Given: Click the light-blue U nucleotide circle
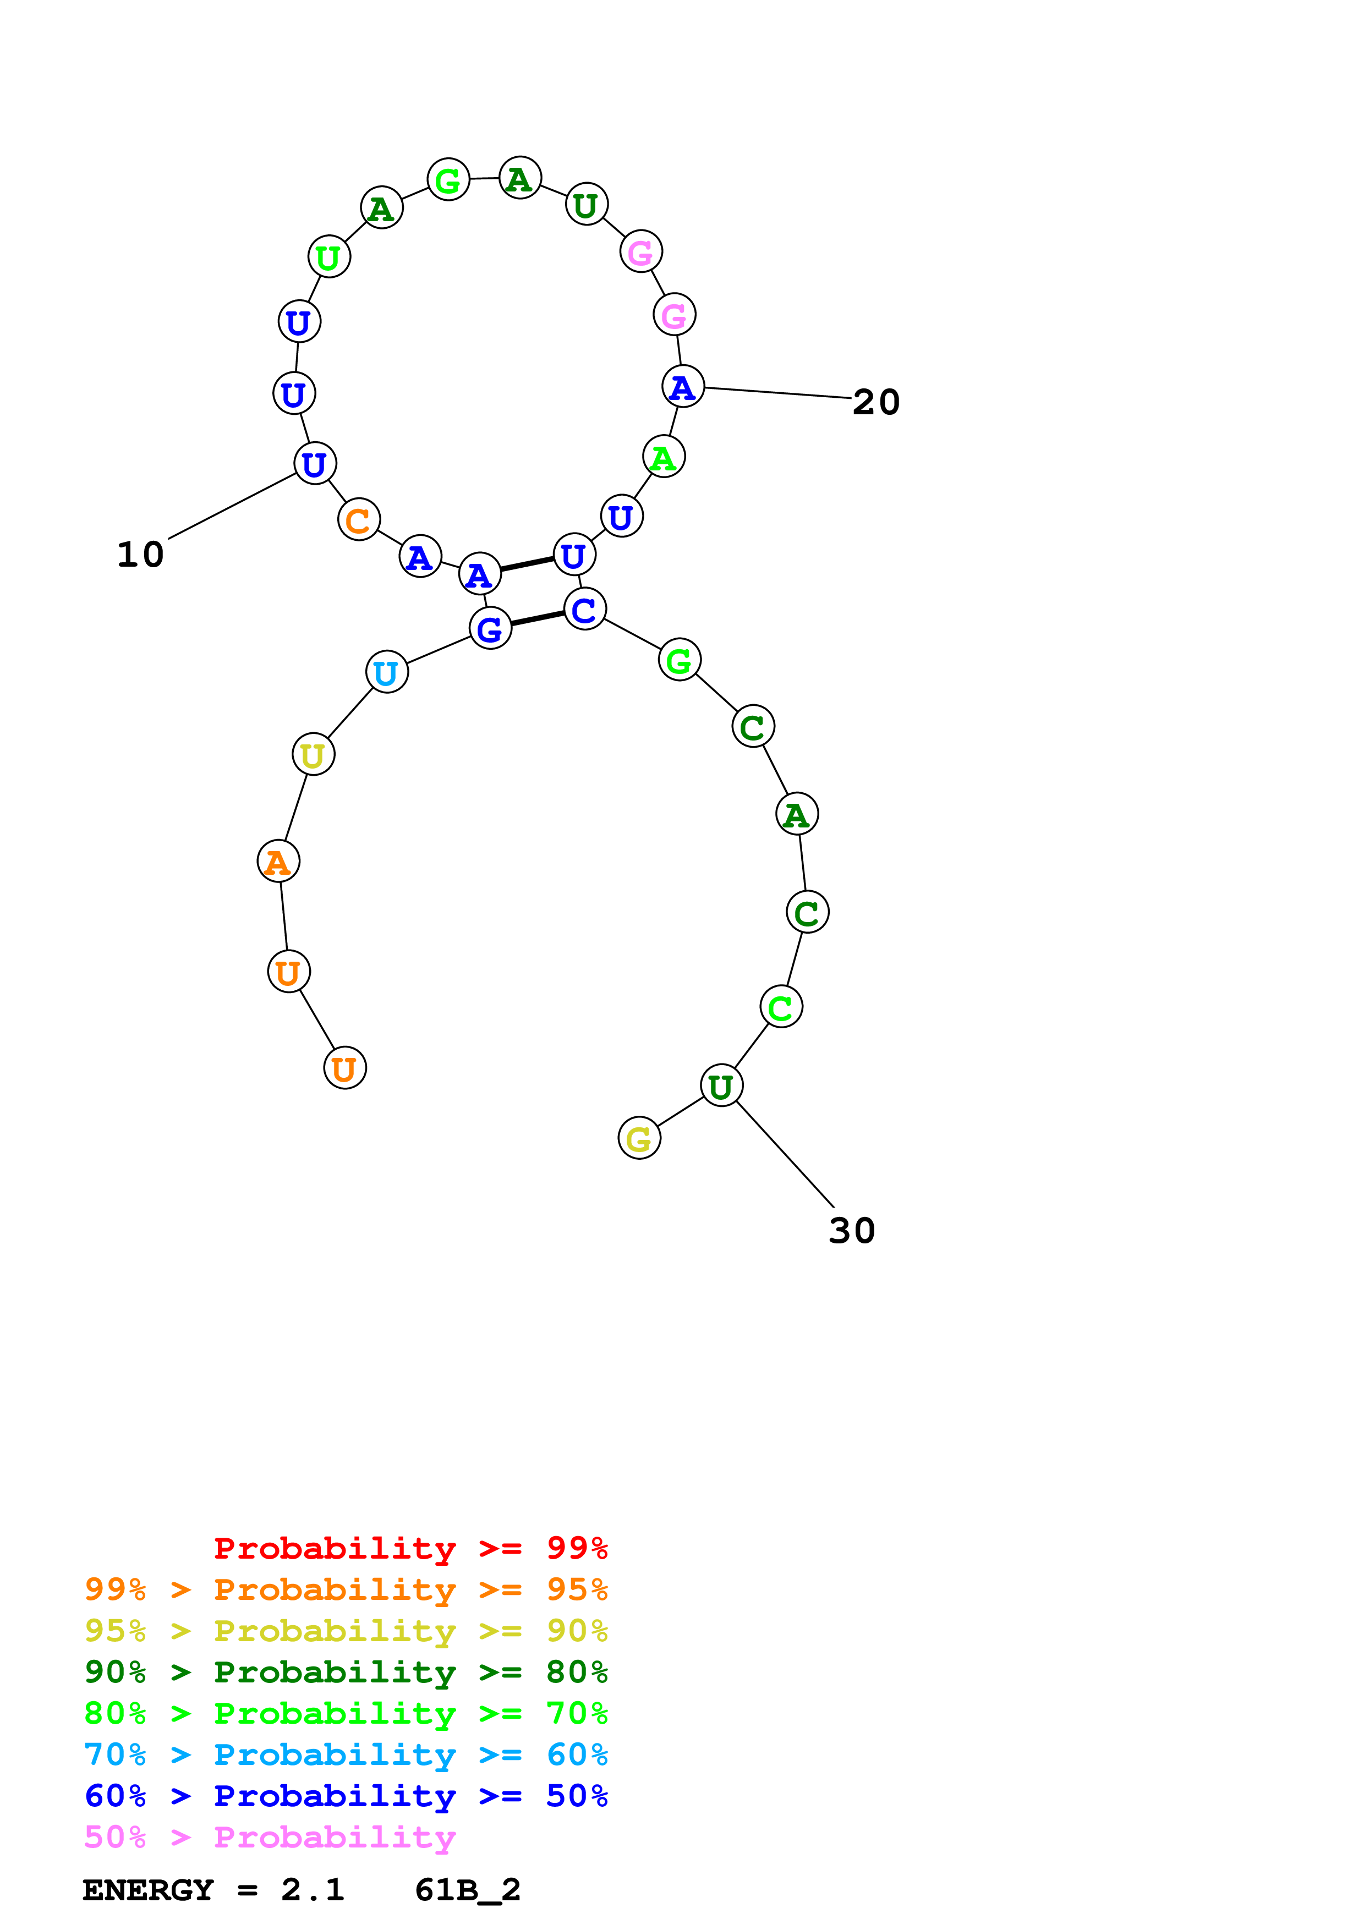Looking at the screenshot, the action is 387,672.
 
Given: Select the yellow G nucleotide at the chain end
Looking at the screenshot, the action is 639,1138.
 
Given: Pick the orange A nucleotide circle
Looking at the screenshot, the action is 278,862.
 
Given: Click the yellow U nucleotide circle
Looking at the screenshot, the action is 313,755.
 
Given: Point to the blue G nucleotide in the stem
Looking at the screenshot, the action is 490,628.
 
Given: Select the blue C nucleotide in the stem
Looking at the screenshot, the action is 585,610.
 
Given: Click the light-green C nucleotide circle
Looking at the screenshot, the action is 781,1007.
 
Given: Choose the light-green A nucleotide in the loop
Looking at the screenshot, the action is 664,457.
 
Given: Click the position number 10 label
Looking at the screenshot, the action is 140,555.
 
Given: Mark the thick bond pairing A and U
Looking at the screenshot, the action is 527,564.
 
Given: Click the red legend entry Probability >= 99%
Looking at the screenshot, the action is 410,1548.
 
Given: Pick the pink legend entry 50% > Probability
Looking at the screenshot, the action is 270,1838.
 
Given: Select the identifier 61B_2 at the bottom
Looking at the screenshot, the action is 467,1890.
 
